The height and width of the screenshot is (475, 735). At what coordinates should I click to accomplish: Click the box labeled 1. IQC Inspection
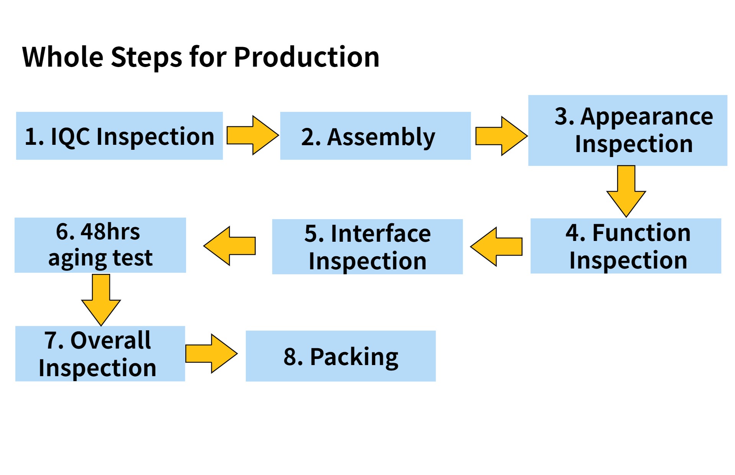coord(119,136)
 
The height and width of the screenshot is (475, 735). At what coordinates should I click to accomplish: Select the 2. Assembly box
coord(376,136)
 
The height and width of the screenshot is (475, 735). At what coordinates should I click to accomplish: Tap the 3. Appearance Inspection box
coord(628,130)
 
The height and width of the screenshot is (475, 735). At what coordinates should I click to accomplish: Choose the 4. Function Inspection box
coord(626,246)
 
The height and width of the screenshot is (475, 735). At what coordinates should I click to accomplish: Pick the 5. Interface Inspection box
coord(367,247)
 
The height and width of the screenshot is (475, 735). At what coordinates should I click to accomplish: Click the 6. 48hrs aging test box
coord(100,245)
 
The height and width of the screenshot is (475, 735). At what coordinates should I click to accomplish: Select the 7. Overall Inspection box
coord(100,354)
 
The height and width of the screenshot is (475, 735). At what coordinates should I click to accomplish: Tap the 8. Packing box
coord(341,356)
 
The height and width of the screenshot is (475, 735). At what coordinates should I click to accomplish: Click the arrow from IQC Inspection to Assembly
coord(253,135)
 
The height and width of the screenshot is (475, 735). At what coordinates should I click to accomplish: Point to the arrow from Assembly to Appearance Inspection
coord(501,136)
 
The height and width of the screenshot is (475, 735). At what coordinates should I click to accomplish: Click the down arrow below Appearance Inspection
coord(626,191)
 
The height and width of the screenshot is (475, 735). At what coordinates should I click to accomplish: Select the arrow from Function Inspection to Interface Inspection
coord(496,247)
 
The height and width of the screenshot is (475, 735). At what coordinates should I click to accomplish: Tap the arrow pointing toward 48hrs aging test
coord(229,246)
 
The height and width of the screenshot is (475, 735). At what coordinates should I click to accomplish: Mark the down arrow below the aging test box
coord(101,300)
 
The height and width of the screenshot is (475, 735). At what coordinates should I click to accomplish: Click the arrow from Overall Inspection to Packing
coord(211,354)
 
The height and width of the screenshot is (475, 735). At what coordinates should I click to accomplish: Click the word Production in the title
coord(307,57)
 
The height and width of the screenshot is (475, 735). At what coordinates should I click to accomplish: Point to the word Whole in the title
coord(63,57)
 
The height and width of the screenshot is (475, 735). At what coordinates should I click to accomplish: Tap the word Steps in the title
coord(147,57)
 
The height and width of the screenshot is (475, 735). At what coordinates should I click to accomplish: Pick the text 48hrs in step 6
coord(110,232)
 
